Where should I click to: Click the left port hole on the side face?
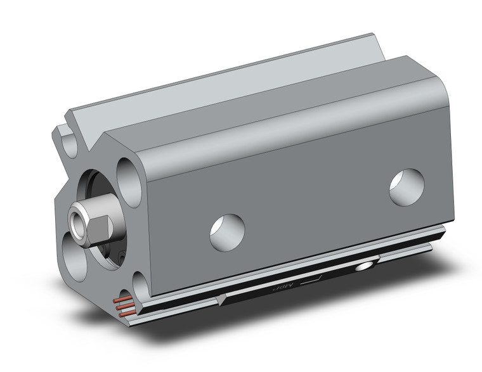227,232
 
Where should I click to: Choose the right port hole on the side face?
406,187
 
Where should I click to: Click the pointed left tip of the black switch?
218,298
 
